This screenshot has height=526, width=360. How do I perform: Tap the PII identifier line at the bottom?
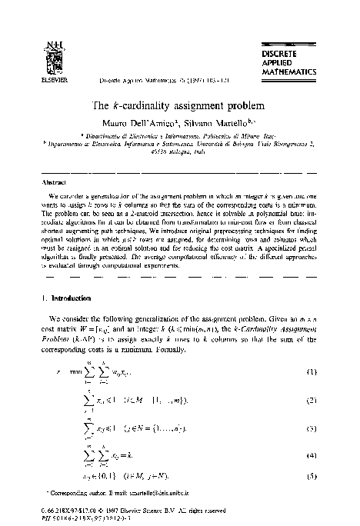77,514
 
